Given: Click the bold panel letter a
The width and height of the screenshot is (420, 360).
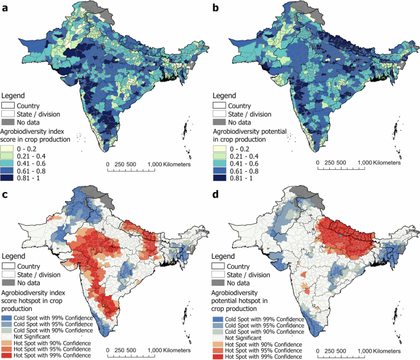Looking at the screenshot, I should (6, 7).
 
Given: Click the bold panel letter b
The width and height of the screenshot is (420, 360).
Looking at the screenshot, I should (215, 7).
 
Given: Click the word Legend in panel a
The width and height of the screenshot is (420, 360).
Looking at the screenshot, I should (14, 96).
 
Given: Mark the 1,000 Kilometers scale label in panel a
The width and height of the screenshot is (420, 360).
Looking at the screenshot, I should (169, 164).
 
